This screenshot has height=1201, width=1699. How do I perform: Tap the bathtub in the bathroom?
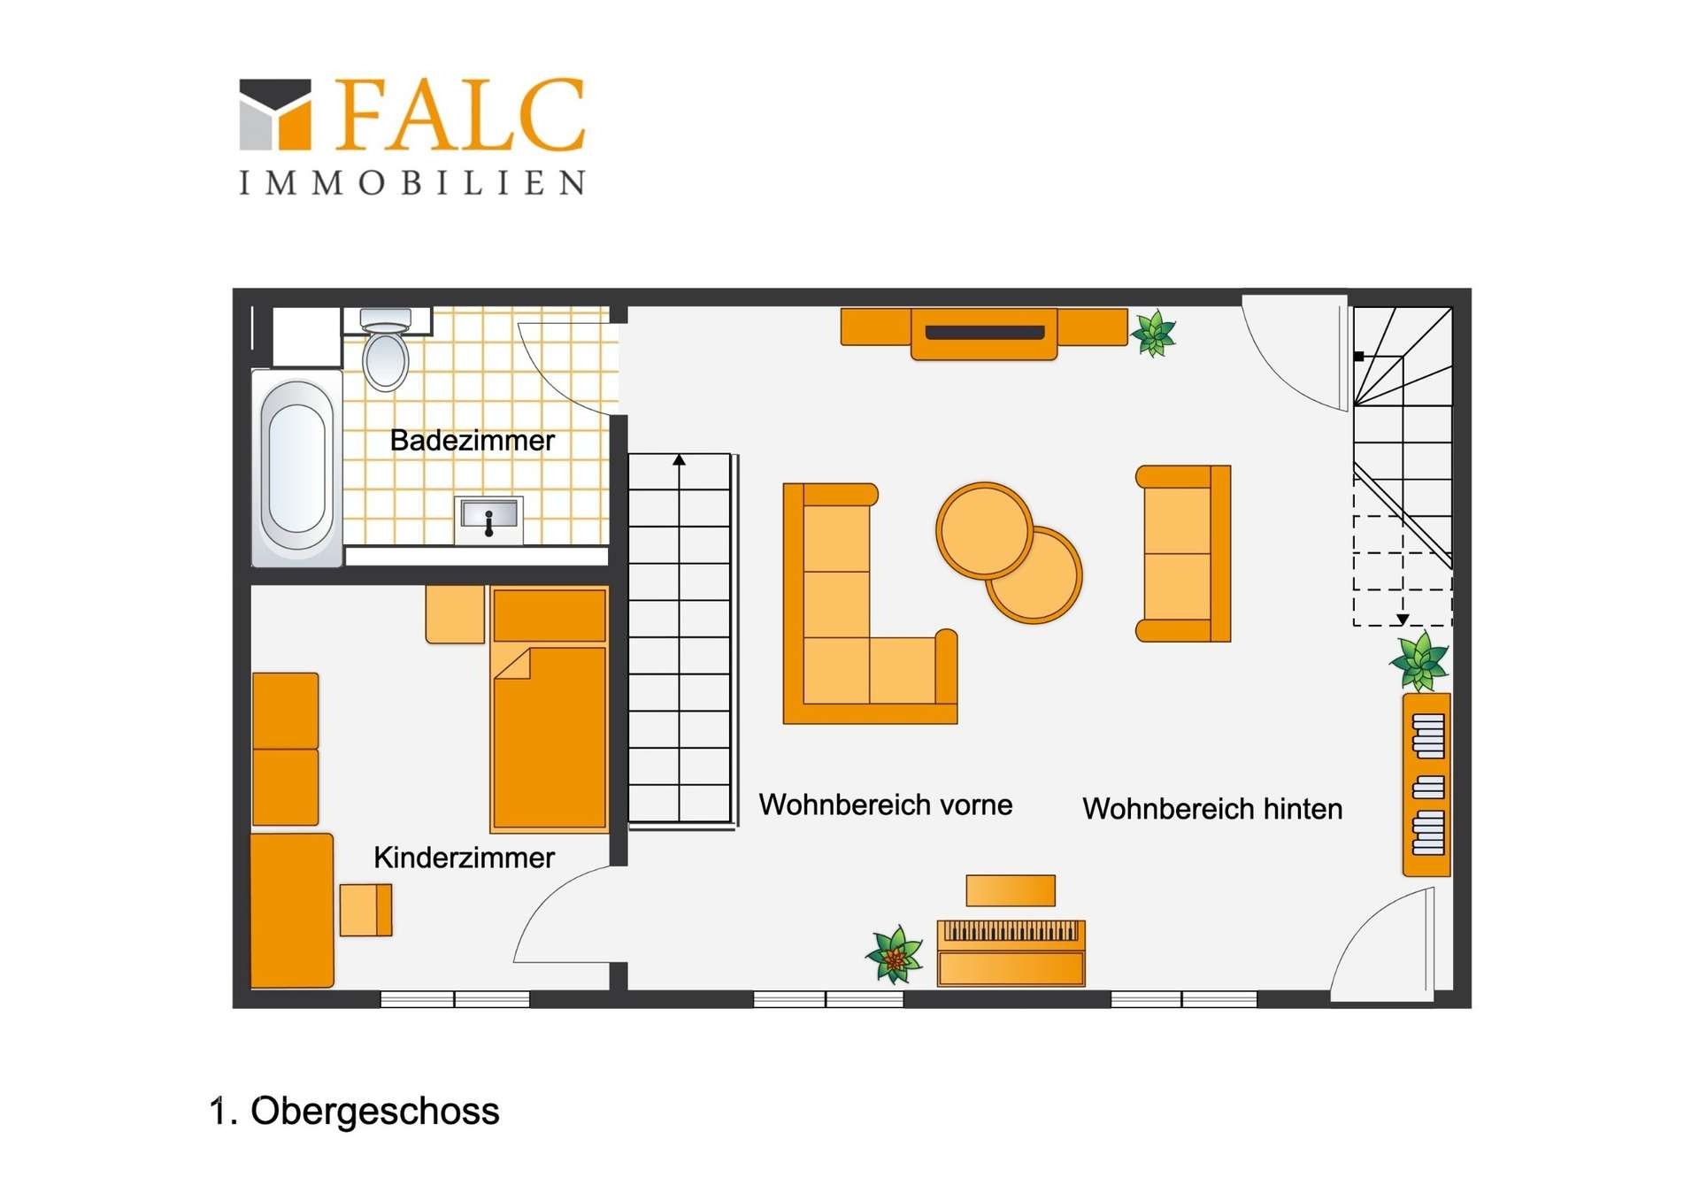(297, 468)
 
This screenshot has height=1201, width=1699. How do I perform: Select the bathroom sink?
(488, 520)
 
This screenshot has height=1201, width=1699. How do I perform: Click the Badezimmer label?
(473, 441)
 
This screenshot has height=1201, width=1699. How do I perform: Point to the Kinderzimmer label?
(464, 858)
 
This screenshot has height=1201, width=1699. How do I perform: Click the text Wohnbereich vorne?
(886, 805)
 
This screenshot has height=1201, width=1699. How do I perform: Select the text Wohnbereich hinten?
(1212, 809)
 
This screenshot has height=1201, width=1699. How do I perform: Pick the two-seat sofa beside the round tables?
(1183, 553)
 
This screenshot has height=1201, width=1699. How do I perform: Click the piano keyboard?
(1011, 931)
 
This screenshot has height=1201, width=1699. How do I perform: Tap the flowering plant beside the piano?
(895, 955)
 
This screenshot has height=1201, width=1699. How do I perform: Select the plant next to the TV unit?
(1154, 334)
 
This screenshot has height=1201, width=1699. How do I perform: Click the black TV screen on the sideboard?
(985, 333)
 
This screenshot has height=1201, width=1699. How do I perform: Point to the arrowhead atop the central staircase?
(679, 460)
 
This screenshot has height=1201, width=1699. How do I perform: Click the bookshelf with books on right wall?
(1426, 785)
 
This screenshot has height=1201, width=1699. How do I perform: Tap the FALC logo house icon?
(275, 114)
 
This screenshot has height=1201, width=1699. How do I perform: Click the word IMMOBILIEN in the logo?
(412, 182)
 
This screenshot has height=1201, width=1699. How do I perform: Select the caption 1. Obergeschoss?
(354, 1112)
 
